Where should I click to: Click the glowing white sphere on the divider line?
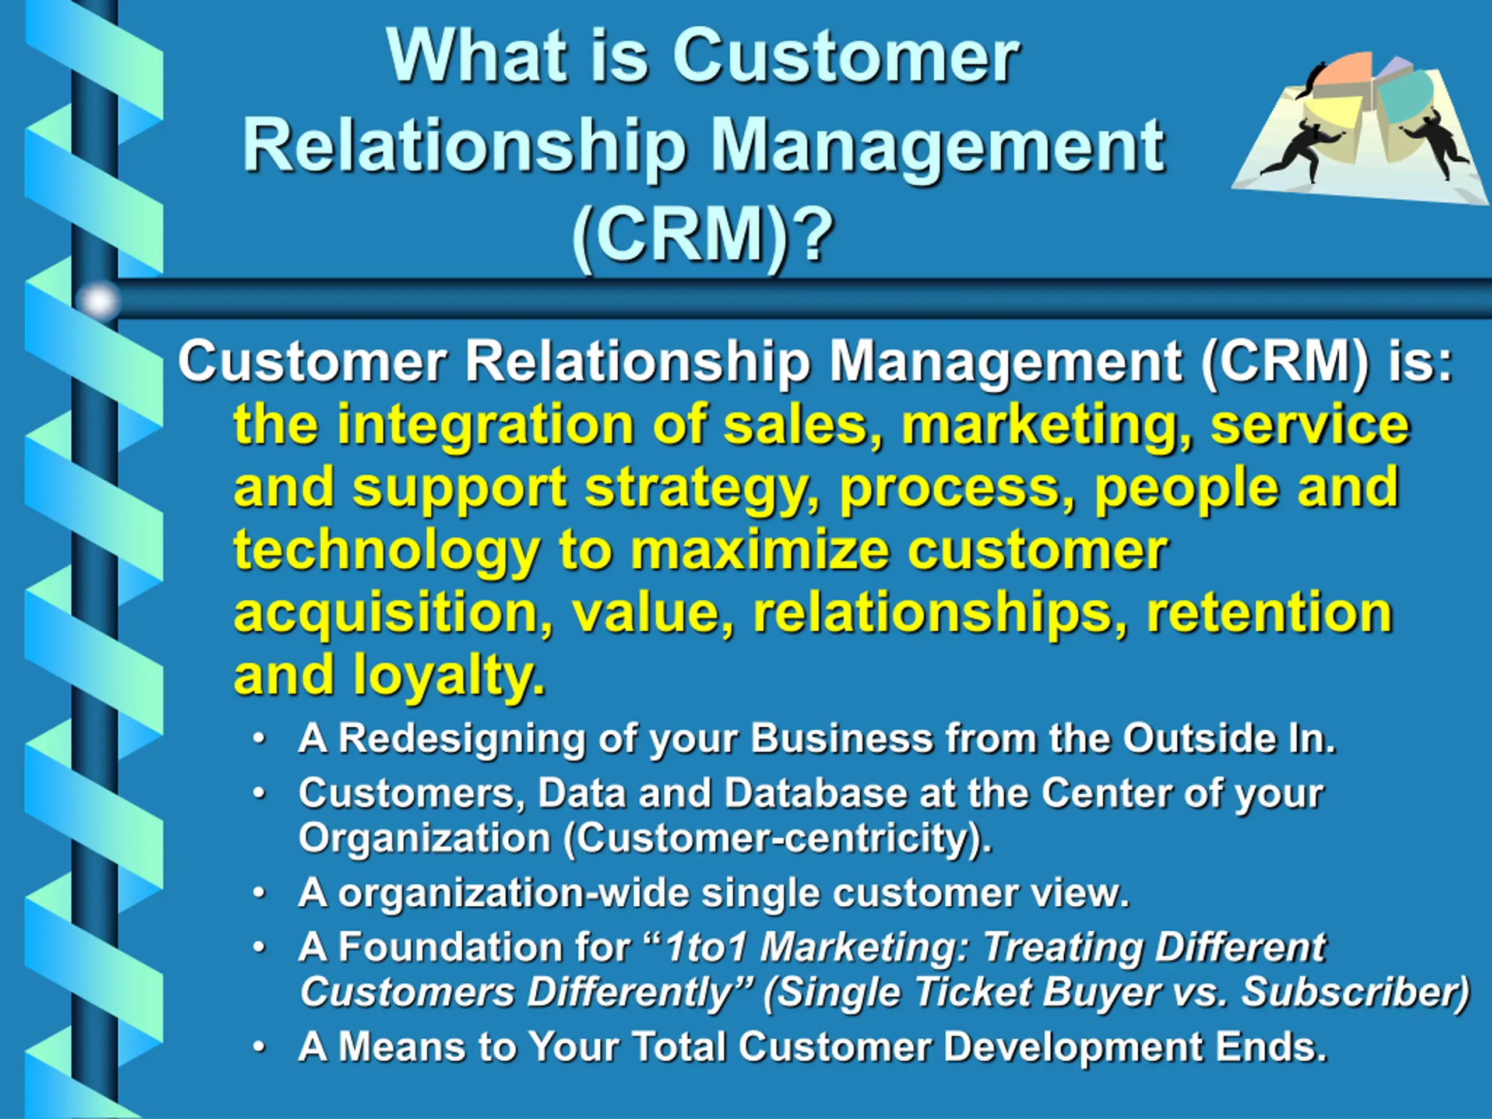[98, 301]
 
